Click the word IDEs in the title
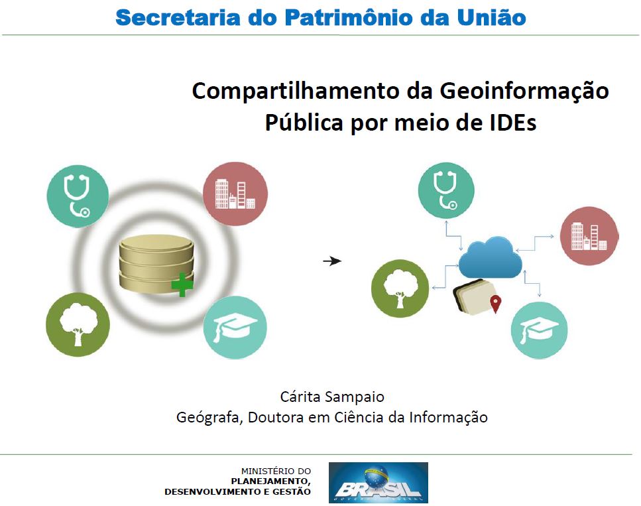point(510,123)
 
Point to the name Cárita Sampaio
point(332,397)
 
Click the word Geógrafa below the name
point(208,418)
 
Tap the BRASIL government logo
point(378,482)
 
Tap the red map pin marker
point(495,304)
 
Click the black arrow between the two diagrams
point(331,261)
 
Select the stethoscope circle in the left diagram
point(78,196)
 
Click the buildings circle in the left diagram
point(235,193)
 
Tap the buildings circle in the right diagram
point(589,235)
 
